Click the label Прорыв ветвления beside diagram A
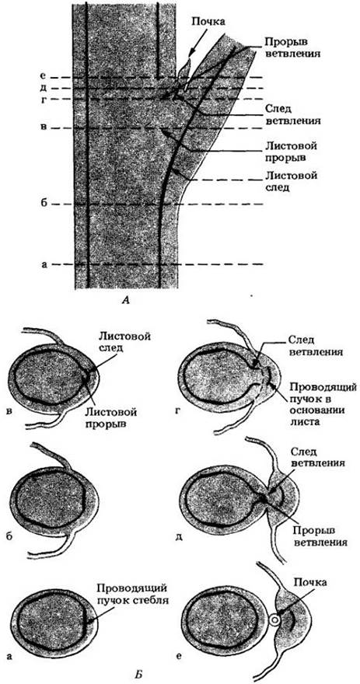point(292,48)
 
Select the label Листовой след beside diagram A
point(290,181)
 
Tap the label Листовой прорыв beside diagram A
point(290,151)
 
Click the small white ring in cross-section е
point(275,619)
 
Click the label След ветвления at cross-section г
point(305,344)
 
